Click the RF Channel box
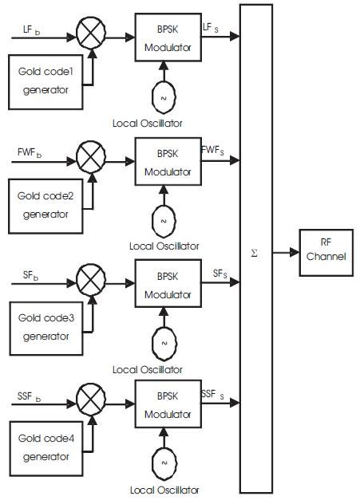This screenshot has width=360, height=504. coord(326,253)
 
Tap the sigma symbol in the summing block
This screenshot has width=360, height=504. coord(254,254)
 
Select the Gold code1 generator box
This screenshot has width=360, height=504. coord(45,82)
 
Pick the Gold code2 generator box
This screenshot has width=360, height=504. coord(45,206)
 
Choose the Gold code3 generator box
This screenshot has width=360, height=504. coord(46,329)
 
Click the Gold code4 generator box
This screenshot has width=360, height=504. coord(46,449)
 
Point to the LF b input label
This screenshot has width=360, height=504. coord(31,30)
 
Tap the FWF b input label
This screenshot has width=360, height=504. coord(30,152)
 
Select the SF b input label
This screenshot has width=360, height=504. coord(30,275)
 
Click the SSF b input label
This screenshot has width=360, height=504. coord(29,396)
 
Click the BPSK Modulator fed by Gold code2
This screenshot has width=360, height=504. coord(168,162)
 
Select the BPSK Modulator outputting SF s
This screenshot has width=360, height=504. coord(168,284)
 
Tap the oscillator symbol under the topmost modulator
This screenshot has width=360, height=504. coord(164,97)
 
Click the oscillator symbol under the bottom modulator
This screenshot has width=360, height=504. coord(164,463)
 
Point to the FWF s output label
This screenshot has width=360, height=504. coord(212,150)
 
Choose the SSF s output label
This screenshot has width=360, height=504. coord(212,395)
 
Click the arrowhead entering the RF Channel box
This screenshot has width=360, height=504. coord(295,253)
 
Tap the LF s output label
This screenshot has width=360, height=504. coord(211,28)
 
